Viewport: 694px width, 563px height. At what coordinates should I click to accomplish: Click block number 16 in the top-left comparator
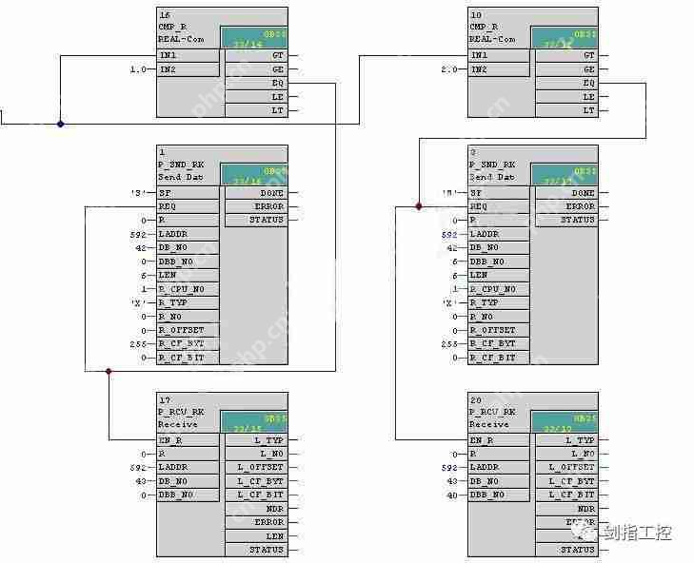pyautogui.click(x=164, y=16)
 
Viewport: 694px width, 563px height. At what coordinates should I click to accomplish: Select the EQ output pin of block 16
pyautogui.click(x=277, y=83)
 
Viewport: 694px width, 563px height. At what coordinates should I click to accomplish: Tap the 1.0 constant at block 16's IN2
pyautogui.click(x=139, y=69)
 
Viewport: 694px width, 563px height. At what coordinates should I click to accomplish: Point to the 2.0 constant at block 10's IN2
pyautogui.click(x=451, y=69)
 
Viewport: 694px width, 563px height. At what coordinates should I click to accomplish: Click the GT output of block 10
pyautogui.click(x=589, y=55)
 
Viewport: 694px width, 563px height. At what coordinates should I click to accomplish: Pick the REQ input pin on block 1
pyautogui.click(x=168, y=206)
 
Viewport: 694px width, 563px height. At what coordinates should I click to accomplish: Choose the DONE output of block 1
pyautogui.click(x=270, y=193)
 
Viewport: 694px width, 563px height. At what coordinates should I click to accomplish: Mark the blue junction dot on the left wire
pyautogui.click(x=60, y=123)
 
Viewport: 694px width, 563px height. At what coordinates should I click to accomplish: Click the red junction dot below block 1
pyautogui.click(x=109, y=371)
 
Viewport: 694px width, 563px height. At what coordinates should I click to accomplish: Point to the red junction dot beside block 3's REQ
pyautogui.click(x=418, y=205)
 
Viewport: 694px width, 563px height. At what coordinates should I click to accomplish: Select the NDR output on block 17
pyautogui.click(x=274, y=509)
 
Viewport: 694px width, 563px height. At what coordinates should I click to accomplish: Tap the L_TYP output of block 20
pyautogui.click(x=580, y=440)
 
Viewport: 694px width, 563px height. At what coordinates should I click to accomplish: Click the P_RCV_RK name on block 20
pyautogui.click(x=490, y=412)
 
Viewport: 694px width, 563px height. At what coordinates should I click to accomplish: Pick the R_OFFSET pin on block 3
pyautogui.click(x=494, y=330)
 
